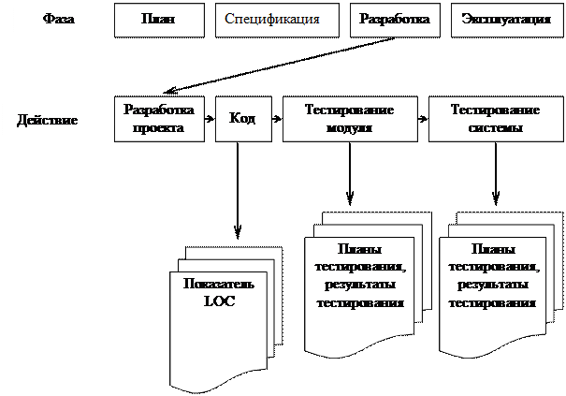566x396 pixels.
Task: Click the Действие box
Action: (x=48, y=120)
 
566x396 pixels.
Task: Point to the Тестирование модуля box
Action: (x=349, y=120)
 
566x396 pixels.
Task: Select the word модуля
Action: (x=349, y=128)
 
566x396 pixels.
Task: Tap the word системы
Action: (x=494, y=128)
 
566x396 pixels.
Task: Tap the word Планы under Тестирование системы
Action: (x=491, y=250)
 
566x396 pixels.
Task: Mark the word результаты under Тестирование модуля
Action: (x=359, y=286)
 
